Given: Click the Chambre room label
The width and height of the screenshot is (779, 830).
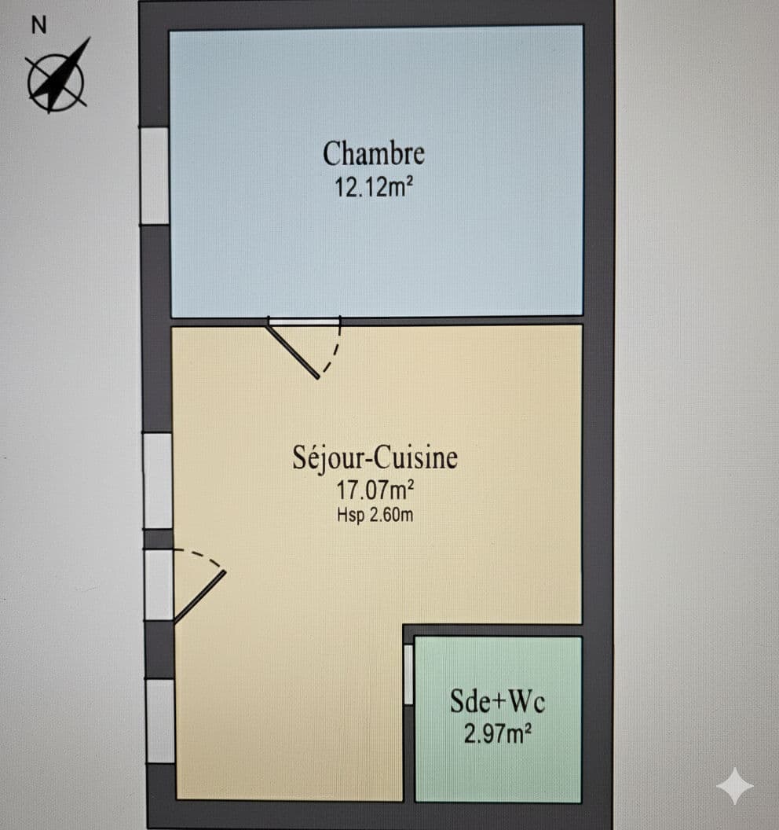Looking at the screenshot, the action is [x=373, y=154].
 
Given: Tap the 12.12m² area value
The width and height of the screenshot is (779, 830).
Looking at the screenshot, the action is [x=373, y=187].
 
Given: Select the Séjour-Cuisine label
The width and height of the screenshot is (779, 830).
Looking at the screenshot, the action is [x=375, y=457].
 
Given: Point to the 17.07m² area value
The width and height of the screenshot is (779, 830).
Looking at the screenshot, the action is [x=375, y=490].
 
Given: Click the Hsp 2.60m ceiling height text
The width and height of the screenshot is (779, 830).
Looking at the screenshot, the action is [x=375, y=515].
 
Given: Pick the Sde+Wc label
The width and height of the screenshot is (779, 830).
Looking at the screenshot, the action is [x=497, y=701].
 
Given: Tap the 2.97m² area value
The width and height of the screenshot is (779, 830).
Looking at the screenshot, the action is [x=497, y=734].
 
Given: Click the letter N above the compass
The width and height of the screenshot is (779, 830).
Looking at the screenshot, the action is [x=38, y=25].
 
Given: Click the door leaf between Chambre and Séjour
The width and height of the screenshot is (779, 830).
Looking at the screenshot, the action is [x=292, y=351].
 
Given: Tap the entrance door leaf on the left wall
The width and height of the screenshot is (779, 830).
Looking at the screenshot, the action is [x=200, y=597].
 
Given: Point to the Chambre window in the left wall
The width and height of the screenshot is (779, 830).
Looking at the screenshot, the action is [x=155, y=176].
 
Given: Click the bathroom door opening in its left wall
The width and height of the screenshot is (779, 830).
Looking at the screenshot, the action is [x=408, y=674].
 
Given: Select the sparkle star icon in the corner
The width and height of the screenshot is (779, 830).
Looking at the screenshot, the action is [x=734, y=785].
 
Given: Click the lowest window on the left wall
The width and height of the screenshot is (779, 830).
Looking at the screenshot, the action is [x=160, y=721].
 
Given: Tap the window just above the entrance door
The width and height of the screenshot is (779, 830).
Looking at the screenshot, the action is [x=158, y=481].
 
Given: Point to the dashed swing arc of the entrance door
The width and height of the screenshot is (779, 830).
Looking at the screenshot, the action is [x=203, y=556].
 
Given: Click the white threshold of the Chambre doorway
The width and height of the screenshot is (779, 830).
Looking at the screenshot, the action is [x=304, y=321].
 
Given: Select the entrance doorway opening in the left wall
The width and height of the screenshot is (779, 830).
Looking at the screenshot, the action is [x=159, y=585].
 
